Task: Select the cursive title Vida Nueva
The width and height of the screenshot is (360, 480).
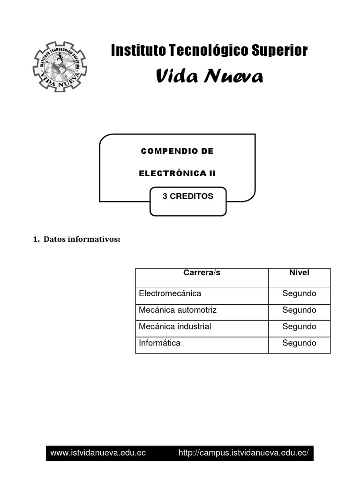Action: tap(209, 76)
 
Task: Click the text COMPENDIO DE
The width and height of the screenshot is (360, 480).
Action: tap(177, 151)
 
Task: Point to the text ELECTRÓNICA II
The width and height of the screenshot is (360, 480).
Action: tap(177, 173)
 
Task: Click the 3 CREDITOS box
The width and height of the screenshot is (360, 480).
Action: tap(187, 197)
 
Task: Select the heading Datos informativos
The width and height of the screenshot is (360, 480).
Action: tap(77, 240)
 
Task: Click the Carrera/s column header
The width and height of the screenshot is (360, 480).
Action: tap(202, 273)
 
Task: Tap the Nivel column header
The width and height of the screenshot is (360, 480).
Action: tap(299, 273)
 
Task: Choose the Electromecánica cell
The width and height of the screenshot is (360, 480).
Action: tap(170, 293)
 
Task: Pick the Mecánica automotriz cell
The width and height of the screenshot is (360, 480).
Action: tap(178, 310)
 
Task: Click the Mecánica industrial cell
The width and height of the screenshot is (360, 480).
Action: tap(175, 326)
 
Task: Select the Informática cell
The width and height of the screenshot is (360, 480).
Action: tap(159, 343)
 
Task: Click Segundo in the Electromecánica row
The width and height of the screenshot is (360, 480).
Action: tap(299, 293)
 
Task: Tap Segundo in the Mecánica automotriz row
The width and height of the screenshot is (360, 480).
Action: tap(299, 310)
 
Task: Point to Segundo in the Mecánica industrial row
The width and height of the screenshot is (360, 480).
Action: tap(299, 326)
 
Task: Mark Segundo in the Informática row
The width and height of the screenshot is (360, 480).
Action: tap(299, 343)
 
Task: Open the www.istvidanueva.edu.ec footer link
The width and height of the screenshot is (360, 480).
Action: tap(98, 453)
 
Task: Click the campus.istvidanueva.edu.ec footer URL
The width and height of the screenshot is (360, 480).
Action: tap(244, 453)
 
